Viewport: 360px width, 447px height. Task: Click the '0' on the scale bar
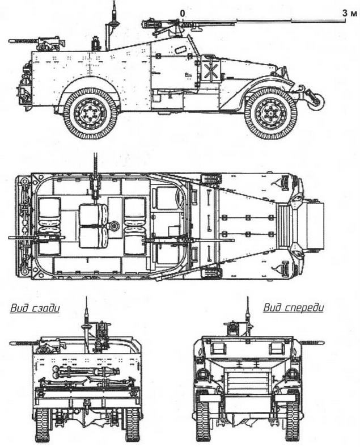pyautogui.click(x=182, y=12)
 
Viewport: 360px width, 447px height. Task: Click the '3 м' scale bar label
pyautogui.click(x=347, y=12)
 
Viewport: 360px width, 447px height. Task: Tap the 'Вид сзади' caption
pyautogui.click(x=35, y=309)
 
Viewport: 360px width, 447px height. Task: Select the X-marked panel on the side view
pyautogui.click(x=210, y=73)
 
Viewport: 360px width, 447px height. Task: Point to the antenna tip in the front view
pyautogui.click(x=247, y=298)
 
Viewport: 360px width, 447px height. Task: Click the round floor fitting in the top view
pyautogui.click(x=113, y=226)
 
